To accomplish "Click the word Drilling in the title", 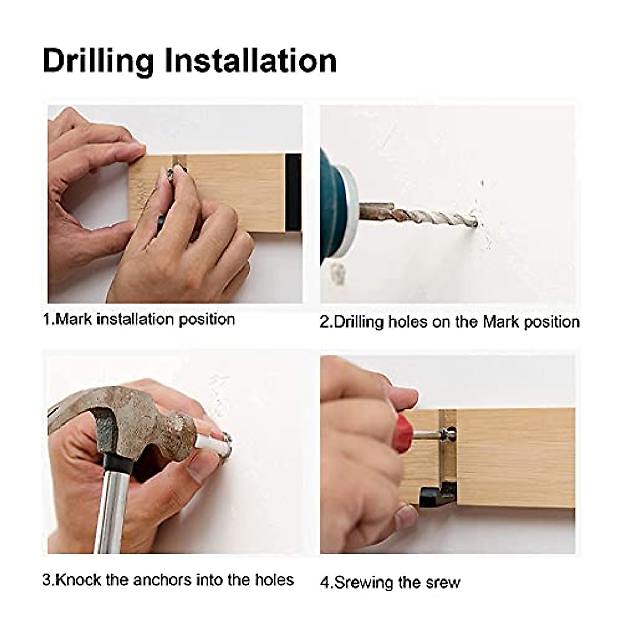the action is coord(98,61).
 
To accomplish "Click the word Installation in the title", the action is coord(251,60).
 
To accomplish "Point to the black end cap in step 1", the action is coord(293,193).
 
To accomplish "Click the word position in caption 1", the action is coord(207,320).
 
